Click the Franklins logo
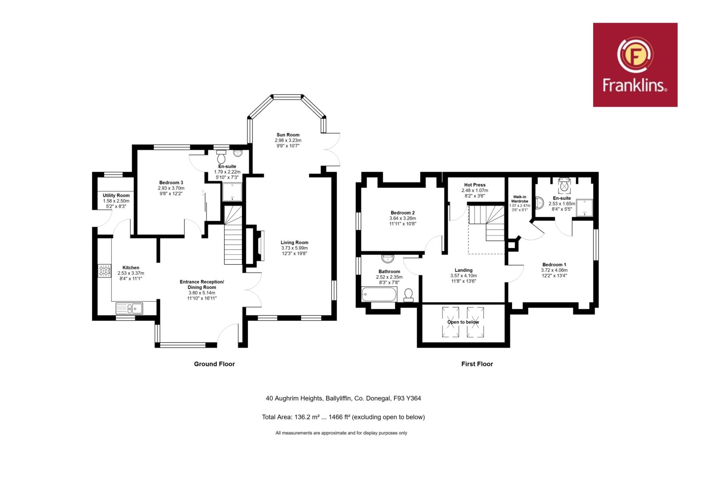(x=635, y=65)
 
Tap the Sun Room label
(x=288, y=135)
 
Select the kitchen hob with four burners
(x=104, y=271)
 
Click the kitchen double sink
(x=129, y=309)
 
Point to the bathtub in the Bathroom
(x=379, y=294)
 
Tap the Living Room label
(x=294, y=242)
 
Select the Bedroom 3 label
(x=171, y=182)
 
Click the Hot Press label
(x=475, y=185)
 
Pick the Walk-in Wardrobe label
(x=520, y=199)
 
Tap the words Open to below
(x=463, y=322)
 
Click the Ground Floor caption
(x=214, y=364)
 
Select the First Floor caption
(x=477, y=364)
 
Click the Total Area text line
(x=343, y=417)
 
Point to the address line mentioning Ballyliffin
(x=343, y=398)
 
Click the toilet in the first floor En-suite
(x=564, y=185)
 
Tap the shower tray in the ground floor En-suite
(x=232, y=192)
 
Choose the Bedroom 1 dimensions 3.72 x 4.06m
(x=554, y=270)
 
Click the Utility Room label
(x=116, y=196)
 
